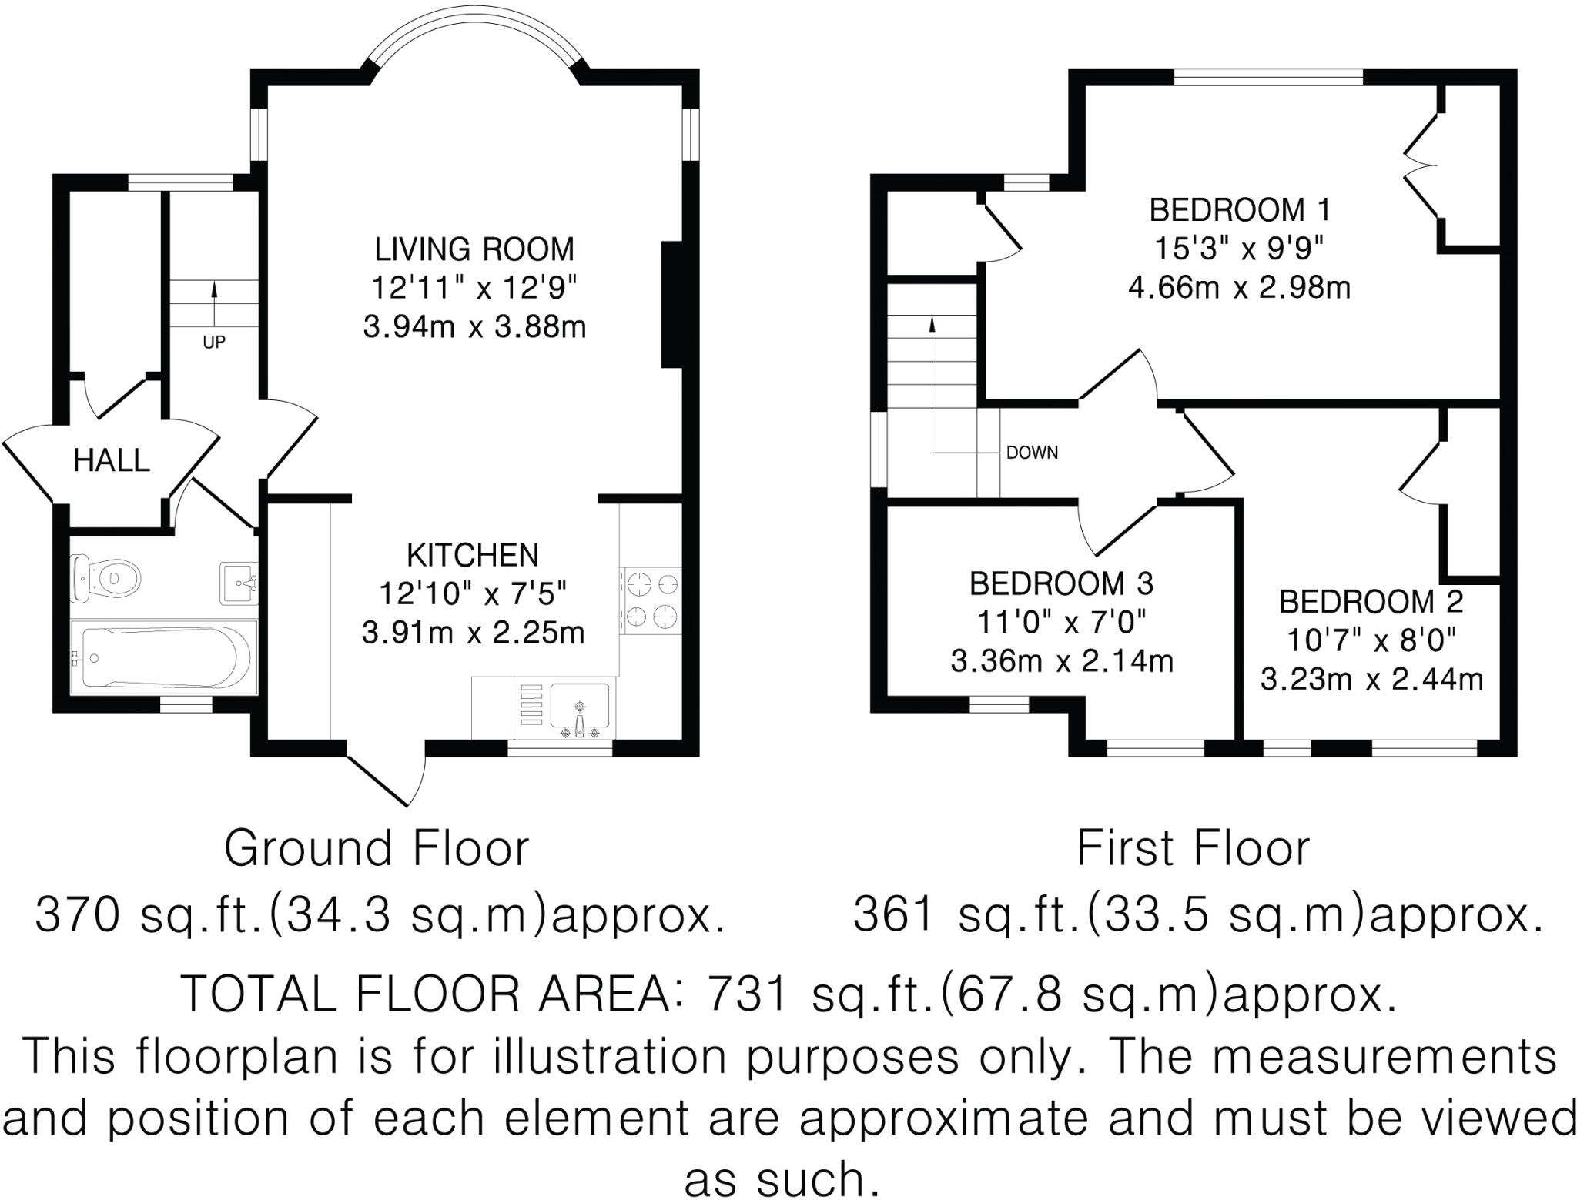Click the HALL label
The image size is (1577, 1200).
pyautogui.click(x=111, y=460)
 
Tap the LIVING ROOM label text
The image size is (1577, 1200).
pyautogui.click(x=474, y=249)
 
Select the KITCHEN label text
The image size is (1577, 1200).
pyautogui.click(x=473, y=555)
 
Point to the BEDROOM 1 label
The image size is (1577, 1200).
pyautogui.click(x=1240, y=210)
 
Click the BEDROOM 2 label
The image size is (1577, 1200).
pyautogui.click(x=1371, y=602)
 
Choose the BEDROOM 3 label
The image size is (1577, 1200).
pyautogui.click(x=1061, y=584)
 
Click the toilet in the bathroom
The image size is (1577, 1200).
pyautogui.click(x=105, y=577)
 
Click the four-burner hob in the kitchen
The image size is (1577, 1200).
pyautogui.click(x=651, y=601)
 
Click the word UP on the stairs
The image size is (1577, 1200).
pyautogui.click(x=214, y=342)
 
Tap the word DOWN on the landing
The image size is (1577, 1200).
pyautogui.click(x=1032, y=453)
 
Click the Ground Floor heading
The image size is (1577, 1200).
pyautogui.click(x=377, y=848)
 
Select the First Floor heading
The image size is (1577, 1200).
pyautogui.click(x=1193, y=848)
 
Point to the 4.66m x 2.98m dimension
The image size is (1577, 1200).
pyautogui.click(x=1240, y=289)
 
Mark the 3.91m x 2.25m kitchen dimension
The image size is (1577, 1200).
pyautogui.click(x=473, y=633)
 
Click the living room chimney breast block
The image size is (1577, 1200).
pyautogui.click(x=672, y=305)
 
